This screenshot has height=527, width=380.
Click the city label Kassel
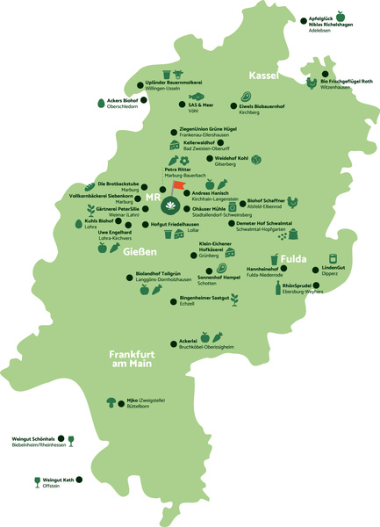[x=265, y=75]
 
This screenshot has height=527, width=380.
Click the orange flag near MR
[x=178, y=185]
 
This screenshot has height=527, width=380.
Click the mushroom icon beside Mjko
[x=111, y=401]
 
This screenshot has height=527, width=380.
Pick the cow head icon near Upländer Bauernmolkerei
[x=178, y=73]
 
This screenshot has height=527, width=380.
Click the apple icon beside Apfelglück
[x=340, y=16]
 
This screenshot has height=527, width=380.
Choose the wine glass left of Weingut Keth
[x=37, y=480]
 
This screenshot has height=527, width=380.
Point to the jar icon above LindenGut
[x=333, y=258]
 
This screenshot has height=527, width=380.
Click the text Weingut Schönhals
[x=34, y=438]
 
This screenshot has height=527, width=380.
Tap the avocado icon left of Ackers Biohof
[x=99, y=103]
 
